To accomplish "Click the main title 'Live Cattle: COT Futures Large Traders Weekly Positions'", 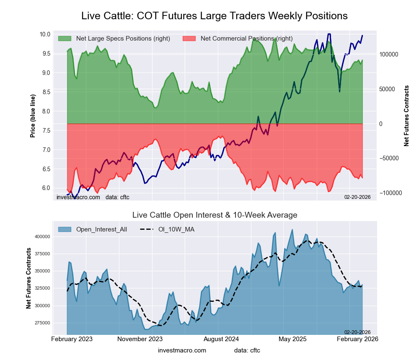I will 214,16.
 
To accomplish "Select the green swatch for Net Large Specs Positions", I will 65,39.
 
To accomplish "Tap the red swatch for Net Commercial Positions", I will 189,39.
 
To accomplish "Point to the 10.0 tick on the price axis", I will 45,34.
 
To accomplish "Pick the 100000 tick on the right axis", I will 388,55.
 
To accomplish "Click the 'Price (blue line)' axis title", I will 33,116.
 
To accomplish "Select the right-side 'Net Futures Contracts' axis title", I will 406,116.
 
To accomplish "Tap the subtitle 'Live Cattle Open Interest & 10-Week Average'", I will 215,215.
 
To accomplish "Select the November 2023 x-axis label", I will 140,339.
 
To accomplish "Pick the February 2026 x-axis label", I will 357,339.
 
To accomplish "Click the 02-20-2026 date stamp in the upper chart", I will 357,197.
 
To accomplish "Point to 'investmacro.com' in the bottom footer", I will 182,350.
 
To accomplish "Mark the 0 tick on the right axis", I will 381,124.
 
